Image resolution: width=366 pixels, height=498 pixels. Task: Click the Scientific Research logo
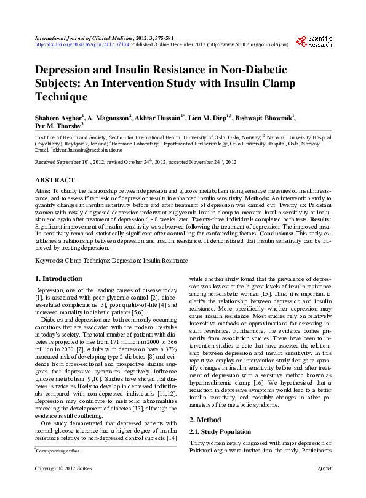[x=314, y=41]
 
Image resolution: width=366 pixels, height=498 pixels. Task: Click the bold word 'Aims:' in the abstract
[x=44, y=192]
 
